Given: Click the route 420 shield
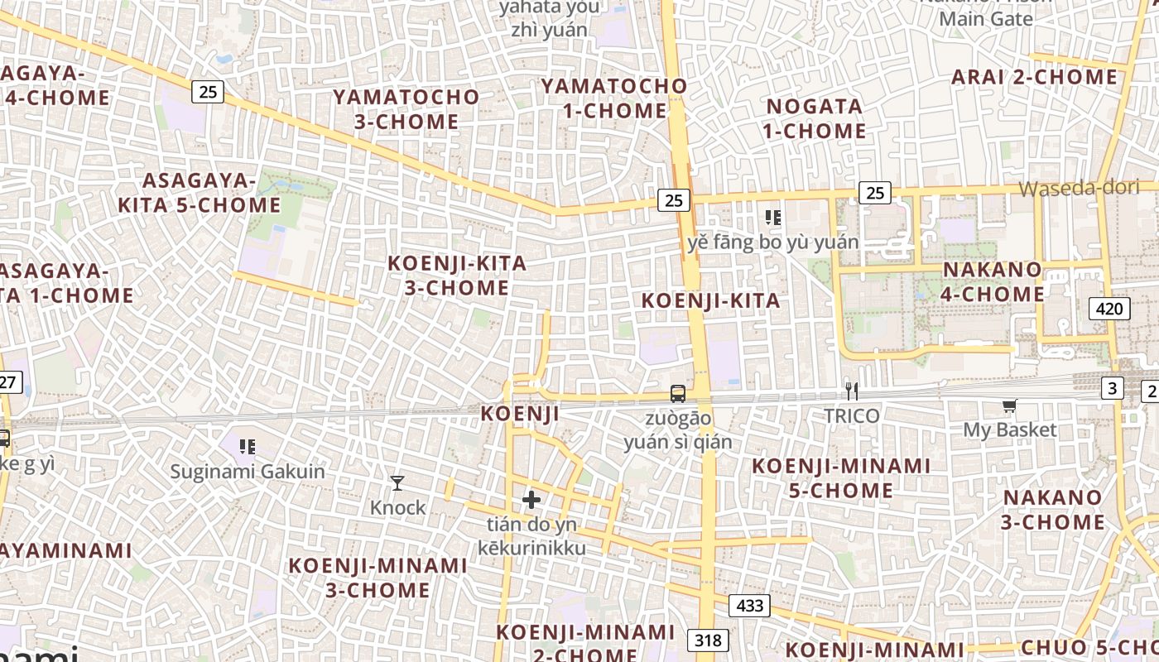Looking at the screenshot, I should (1109, 309).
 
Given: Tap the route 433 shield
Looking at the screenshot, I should (749, 606).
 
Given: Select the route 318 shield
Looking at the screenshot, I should (708, 640).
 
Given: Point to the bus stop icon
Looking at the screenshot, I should (678, 394).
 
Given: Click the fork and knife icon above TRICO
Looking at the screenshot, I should (851, 391).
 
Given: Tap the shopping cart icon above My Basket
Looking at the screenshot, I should (1009, 405).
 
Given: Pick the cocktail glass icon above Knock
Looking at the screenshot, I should (397, 482).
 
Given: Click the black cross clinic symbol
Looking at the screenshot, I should (531, 500).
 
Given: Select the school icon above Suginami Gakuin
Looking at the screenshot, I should (247, 447).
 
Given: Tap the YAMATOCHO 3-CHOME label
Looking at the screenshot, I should (406, 109).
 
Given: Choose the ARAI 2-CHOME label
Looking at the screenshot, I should (1034, 78).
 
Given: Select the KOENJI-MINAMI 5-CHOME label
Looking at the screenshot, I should (841, 478).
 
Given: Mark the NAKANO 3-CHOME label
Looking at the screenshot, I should (1053, 510).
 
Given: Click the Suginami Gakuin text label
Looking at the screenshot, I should (248, 472).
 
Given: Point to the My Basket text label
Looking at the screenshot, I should (1010, 429).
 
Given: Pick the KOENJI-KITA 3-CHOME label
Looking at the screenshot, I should (457, 276).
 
